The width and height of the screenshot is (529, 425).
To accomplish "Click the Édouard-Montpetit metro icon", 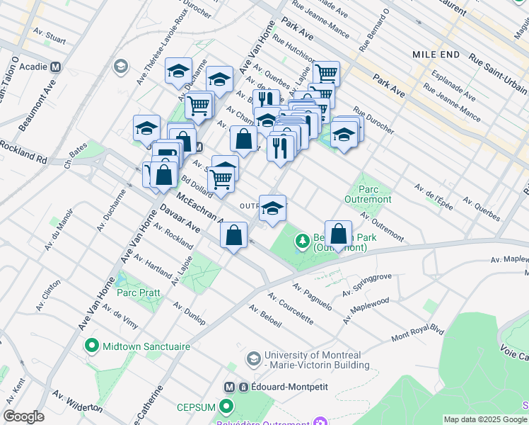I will [x=229, y=387].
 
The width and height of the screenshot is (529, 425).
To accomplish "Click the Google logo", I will [x=24, y=416].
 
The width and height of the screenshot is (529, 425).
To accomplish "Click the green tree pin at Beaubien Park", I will [x=303, y=242].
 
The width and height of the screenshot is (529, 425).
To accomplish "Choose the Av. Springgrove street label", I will [x=367, y=284].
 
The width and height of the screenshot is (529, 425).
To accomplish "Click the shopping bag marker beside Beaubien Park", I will [x=339, y=234].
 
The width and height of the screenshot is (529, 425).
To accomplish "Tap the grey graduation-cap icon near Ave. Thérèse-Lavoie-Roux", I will [x=120, y=67].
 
